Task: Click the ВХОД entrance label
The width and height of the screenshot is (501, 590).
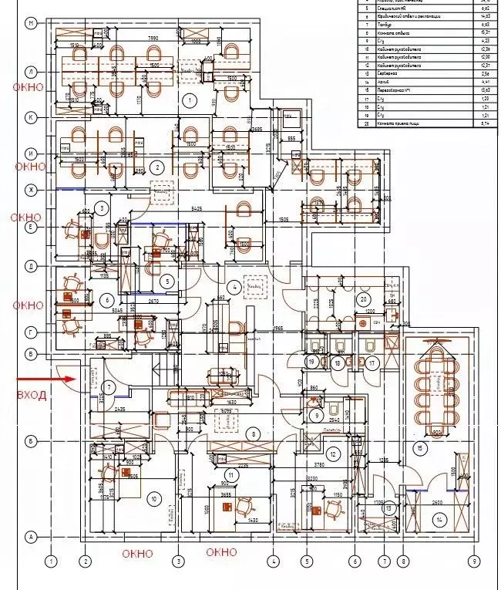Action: (32, 395)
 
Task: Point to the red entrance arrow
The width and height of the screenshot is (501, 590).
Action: (45, 379)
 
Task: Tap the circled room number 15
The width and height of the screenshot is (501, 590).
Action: (420, 448)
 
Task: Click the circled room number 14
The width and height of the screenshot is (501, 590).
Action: (439, 521)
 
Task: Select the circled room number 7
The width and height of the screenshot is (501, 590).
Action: (109, 386)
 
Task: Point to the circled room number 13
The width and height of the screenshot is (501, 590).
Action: (390, 507)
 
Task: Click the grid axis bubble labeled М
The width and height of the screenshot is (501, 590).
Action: (32, 24)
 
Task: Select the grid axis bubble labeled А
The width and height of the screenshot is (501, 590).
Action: (32, 536)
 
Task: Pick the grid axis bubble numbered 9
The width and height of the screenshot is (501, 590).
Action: (475, 561)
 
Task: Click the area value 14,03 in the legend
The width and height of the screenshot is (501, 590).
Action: (486, 15)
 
